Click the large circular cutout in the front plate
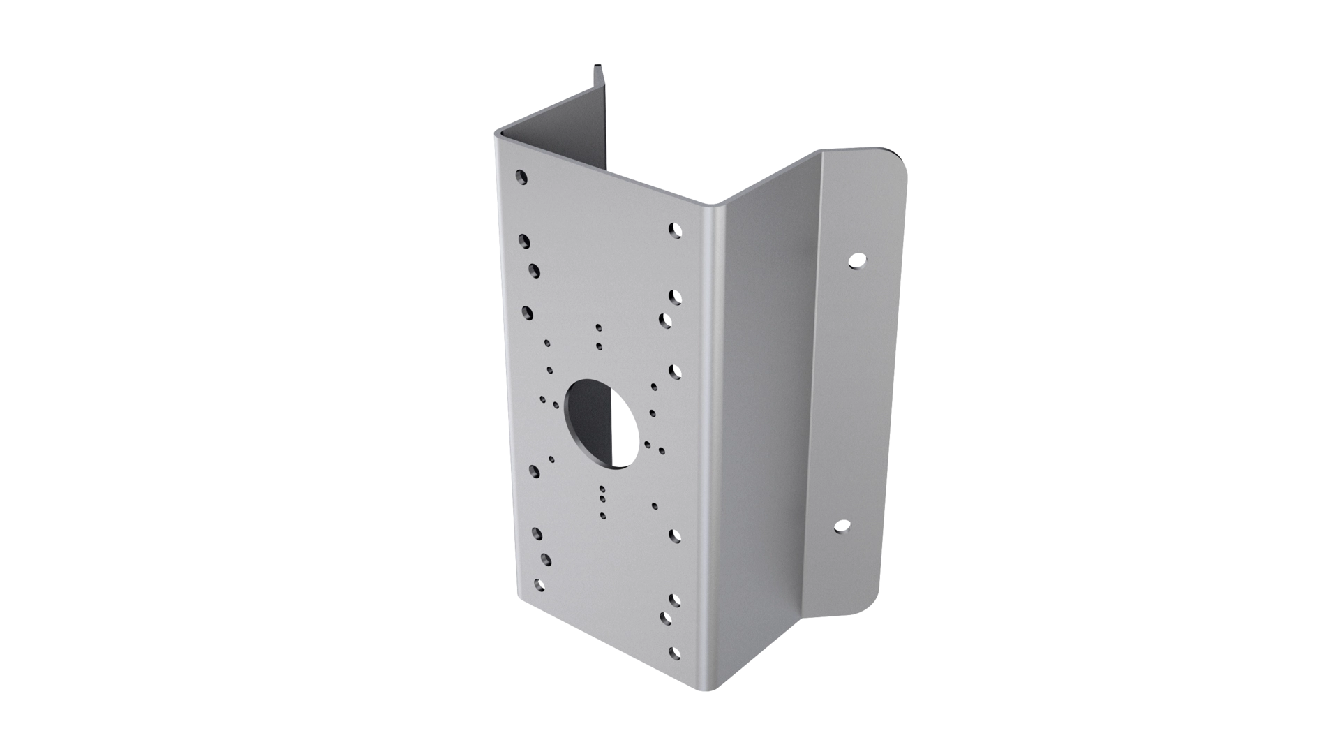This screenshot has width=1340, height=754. click(602, 423)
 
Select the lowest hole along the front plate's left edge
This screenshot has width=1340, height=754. click(537, 583)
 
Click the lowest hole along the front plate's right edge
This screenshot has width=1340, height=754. click(673, 653)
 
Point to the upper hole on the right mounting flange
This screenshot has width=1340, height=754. click(856, 261)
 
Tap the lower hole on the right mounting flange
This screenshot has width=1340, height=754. click(842, 526)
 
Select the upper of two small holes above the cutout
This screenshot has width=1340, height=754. click(598, 327)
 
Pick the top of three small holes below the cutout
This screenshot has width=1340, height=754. click(601, 489)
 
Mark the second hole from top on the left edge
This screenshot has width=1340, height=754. click(524, 241)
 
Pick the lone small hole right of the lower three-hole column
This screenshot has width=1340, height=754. click(654, 505)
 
